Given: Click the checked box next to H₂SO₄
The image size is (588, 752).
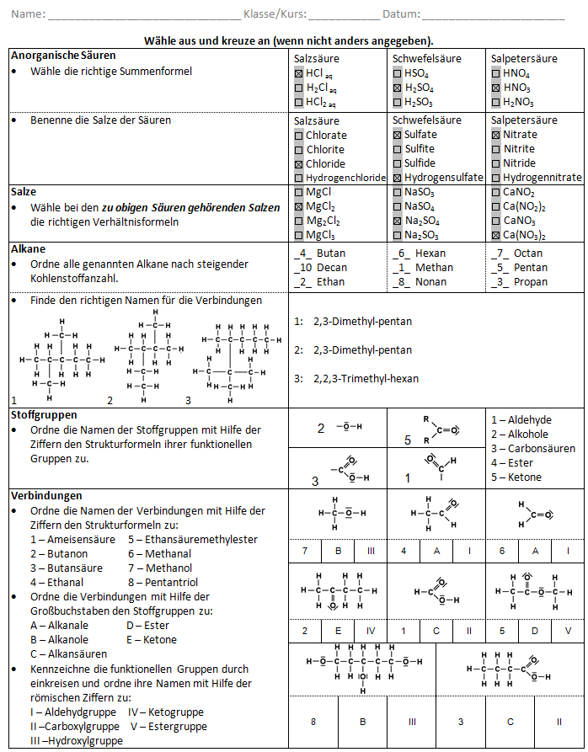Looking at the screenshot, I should point(397,88).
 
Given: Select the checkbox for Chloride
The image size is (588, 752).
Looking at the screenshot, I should point(298,164).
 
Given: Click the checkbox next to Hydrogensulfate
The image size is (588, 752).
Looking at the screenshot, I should point(397,179).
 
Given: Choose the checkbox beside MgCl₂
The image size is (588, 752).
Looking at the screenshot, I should point(298,206).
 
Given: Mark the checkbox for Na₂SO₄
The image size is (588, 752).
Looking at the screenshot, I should point(397,221).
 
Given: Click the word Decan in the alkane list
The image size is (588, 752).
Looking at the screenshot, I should point(330,268).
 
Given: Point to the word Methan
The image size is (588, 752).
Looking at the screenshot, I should point(434,268).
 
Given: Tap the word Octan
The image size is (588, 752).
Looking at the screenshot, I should point(528,253).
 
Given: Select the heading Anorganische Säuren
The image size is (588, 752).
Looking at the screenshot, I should point(63,56).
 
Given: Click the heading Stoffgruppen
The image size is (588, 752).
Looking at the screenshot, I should point(44,415).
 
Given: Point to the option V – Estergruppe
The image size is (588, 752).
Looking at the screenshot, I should point(168,726).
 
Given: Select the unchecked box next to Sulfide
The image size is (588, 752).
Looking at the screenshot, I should point(397,164).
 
